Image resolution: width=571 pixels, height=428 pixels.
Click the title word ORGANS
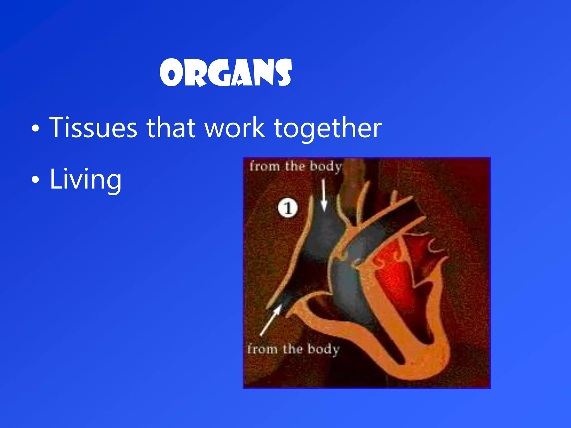click(226, 73)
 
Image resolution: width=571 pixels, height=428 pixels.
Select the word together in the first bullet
click(328, 128)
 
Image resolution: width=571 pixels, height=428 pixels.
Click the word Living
click(86, 179)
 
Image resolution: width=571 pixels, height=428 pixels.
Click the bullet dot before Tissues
click(35, 128)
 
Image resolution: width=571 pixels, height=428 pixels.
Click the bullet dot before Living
click(35, 180)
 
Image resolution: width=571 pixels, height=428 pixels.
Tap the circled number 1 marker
click(288, 208)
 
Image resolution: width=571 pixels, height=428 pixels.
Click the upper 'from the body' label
click(296, 167)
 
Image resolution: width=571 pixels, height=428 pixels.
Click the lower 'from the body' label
click(293, 349)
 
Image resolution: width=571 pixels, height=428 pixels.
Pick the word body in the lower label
click(323, 349)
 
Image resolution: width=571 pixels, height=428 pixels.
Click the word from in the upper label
click(264, 166)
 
